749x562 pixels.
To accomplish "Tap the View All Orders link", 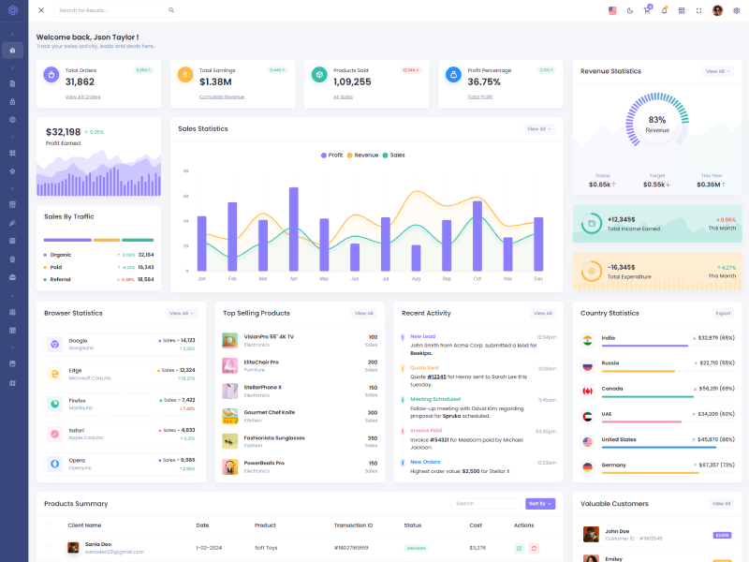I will point(82,96).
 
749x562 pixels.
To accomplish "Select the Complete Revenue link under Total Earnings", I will point(222,96).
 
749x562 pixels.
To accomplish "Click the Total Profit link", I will point(480,96).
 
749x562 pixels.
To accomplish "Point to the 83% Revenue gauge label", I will point(657,125).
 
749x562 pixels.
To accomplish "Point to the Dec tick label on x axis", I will point(538,279).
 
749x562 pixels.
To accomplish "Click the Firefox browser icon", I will point(54,404).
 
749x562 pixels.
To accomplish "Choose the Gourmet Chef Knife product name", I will point(270,412).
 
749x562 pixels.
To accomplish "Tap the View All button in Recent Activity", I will point(542,313).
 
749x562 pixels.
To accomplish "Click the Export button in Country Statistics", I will point(723,313).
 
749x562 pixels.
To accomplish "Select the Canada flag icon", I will point(587,391).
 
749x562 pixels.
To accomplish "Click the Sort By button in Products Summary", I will point(540,504).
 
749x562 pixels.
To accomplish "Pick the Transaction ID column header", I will point(354,525).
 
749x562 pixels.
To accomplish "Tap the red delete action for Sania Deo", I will point(534,548).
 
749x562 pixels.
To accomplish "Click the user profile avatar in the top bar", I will point(717,10).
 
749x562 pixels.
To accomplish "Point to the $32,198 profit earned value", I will point(63,132).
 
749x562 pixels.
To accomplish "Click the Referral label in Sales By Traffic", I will point(61,279).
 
